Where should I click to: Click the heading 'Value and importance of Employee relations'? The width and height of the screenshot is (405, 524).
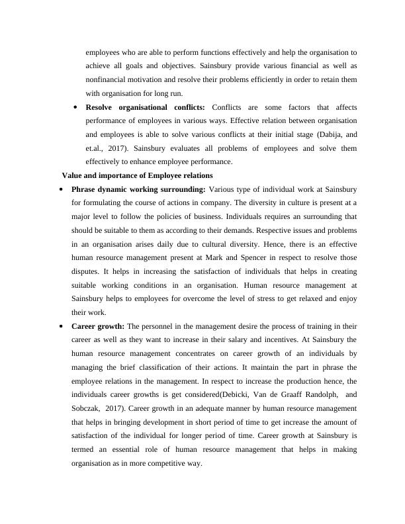click(x=137, y=175)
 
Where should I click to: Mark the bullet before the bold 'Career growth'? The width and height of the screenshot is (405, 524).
click(x=61, y=326)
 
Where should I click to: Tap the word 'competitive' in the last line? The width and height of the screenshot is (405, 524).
click(x=181, y=463)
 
